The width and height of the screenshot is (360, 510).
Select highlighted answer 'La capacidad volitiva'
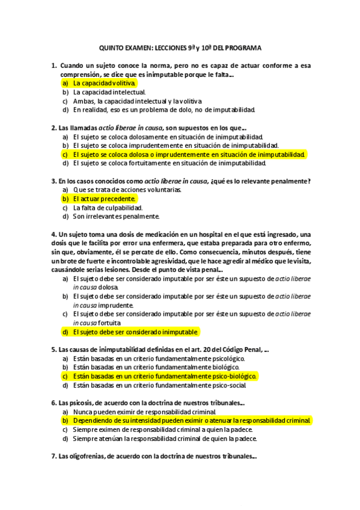click(x=105, y=83)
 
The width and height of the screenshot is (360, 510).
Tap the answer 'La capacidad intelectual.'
click(x=109, y=92)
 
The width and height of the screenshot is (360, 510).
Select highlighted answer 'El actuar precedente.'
click(x=105, y=198)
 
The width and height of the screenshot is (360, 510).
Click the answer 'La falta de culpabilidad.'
click(x=108, y=207)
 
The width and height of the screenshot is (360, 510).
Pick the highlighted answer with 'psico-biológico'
click(x=165, y=376)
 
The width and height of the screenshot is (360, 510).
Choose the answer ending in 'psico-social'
click(x=159, y=385)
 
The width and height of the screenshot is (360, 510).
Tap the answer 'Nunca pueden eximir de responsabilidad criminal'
click(x=144, y=412)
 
